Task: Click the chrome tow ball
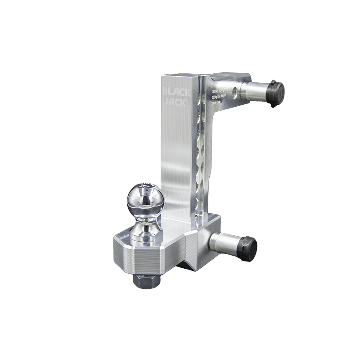pyautogui.click(x=144, y=198)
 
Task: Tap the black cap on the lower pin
pyautogui.click(x=247, y=247)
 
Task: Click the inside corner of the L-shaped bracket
pyautogui.click(x=211, y=112)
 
